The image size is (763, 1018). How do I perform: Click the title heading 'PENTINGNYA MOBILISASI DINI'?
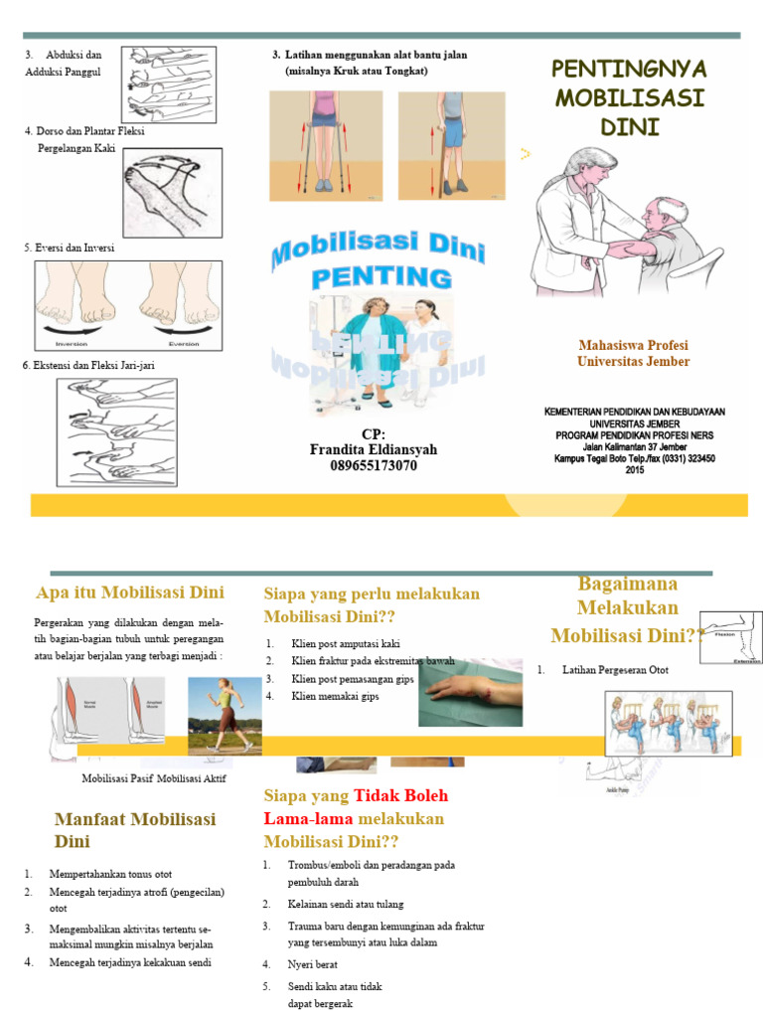(628, 97)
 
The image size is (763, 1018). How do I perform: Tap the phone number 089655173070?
(373, 465)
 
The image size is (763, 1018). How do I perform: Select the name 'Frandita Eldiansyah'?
(373, 449)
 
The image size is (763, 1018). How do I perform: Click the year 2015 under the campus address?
(634, 470)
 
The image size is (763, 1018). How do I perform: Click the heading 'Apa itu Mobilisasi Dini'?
(130, 594)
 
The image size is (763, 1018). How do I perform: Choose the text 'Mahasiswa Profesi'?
(633, 345)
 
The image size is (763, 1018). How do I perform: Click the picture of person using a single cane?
(451, 146)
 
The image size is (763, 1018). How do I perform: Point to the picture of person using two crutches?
(325, 146)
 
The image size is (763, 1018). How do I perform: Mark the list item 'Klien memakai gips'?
(335, 696)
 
